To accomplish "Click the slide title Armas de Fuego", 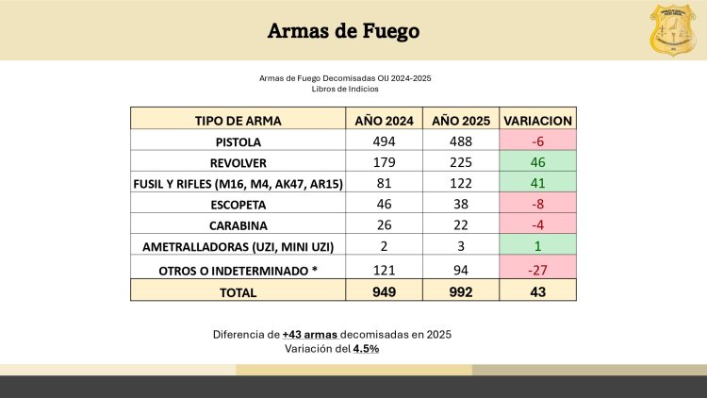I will (x=343, y=31).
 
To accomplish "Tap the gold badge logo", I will (x=675, y=29).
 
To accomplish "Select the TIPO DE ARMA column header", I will (x=238, y=120).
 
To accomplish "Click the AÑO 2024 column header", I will (x=385, y=120).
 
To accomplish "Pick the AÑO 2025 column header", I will (x=461, y=120).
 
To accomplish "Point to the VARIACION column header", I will (x=537, y=120).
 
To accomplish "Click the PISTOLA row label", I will (x=238, y=141).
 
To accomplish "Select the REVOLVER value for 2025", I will (x=461, y=161).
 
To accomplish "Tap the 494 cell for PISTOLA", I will (x=385, y=141).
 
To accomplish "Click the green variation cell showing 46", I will (x=537, y=161).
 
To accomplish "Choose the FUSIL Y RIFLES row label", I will (x=238, y=182).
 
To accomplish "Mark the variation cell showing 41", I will (x=537, y=182).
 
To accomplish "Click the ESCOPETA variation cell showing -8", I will (x=537, y=203).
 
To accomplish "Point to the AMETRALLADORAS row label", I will (x=238, y=247).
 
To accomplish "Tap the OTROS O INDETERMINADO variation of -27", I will (x=537, y=271).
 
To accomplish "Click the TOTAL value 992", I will (x=461, y=291).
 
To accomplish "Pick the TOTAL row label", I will (x=238, y=291).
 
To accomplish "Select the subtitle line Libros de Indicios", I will (x=351, y=89).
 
